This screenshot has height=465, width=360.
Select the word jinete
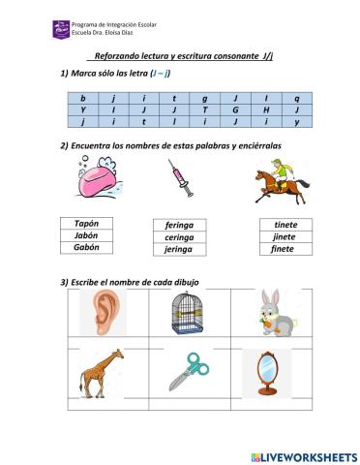point(285,236)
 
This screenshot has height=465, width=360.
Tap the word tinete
point(285,224)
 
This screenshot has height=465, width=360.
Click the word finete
point(285,249)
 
